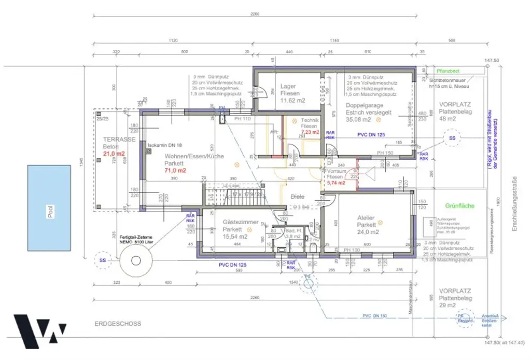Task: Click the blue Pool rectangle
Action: [49, 208]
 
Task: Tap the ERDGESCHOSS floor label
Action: [118, 324]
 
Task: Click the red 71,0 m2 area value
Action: [175, 170]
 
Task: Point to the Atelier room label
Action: [366, 218]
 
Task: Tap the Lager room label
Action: [288, 87]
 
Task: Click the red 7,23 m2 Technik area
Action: [311, 133]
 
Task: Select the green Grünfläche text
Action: [460, 206]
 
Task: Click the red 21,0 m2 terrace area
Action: [114, 154]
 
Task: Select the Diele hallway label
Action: [297, 197]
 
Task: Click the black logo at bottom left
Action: [39, 330]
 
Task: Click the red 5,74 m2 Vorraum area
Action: [336, 183]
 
